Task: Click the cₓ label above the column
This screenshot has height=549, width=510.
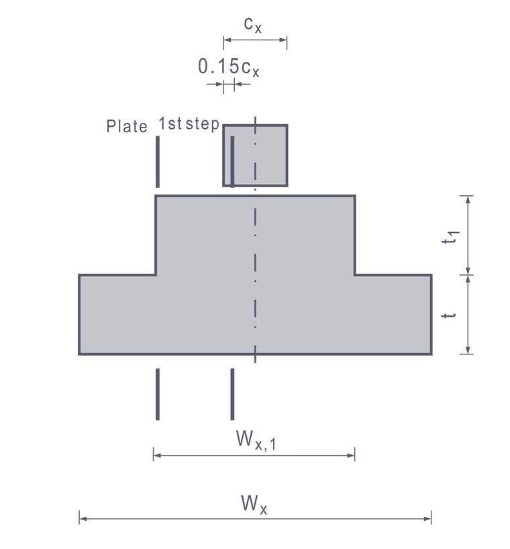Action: pyautogui.click(x=252, y=25)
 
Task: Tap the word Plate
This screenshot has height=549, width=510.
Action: pyautogui.click(x=127, y=126)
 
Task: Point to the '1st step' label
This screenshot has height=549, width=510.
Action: pyautogui.click(x=189, y=124)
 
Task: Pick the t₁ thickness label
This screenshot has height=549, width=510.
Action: pyautogui.click(x=454, y=236)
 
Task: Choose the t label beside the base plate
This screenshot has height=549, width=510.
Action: pyautogui.click(x=454, y=313)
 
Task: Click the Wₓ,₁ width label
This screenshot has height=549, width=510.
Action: pyautogui.click(x=253, y=440)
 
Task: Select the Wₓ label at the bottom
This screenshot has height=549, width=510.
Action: pyautogui.click(x=252, y=503)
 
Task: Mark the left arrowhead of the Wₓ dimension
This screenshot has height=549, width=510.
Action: pyautogui.click(x=83, y=517)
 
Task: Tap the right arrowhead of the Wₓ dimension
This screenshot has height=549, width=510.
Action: pyautogui.click(x=427, y=517)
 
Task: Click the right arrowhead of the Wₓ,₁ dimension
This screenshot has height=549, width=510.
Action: pyautogui.click(x=351, y=456)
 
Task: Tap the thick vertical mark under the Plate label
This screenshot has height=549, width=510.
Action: pyautogui.click(x=158, y=162)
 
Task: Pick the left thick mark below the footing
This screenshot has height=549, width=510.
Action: pyautogui.click(x=158, y=394)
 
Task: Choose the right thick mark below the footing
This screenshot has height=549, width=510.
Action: pyautogui.click(x=232, y=394)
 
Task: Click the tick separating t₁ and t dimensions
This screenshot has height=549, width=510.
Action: pyautogui.click(x=468, y=274)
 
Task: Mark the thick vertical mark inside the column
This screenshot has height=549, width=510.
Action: pyautogui.click(x=232, y=162)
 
